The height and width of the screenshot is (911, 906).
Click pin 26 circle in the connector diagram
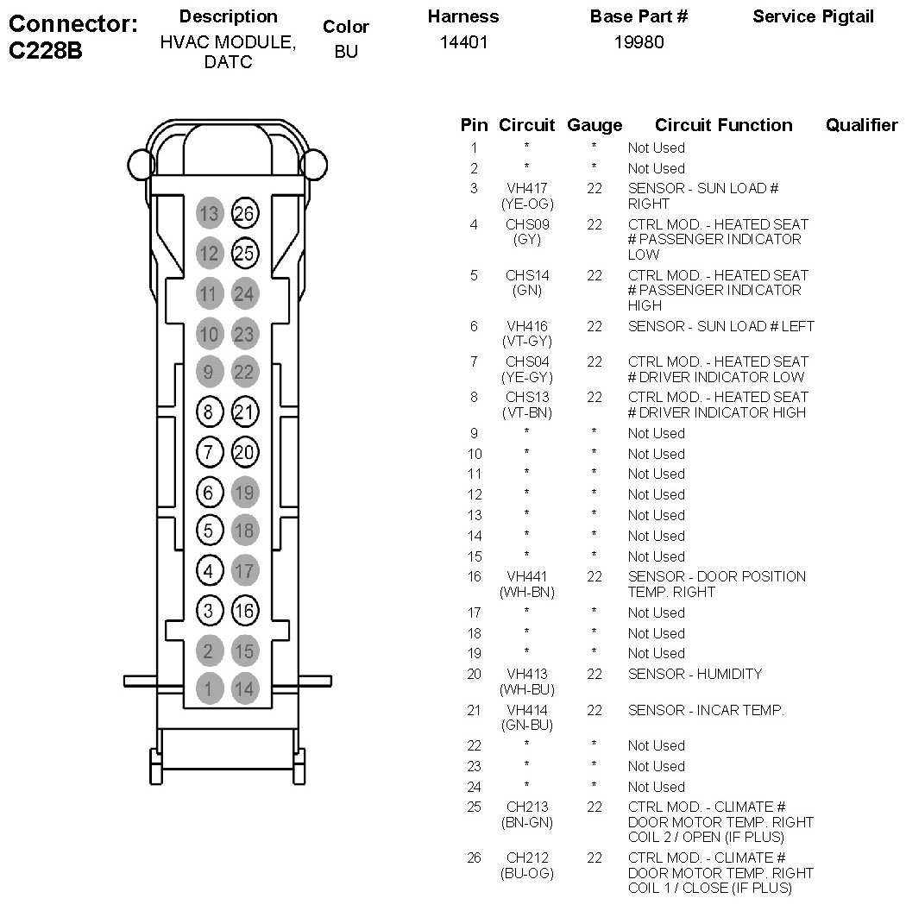245,213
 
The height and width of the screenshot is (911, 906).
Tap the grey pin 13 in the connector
208,213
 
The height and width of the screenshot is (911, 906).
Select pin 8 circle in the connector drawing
208,412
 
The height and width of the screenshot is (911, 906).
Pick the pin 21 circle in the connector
245,412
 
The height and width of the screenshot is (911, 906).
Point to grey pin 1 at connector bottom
208,688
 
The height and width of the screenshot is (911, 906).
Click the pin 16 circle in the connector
245,611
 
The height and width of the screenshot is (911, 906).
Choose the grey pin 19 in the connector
245,492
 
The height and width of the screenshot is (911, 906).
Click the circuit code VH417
526,188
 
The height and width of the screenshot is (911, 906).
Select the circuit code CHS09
526,224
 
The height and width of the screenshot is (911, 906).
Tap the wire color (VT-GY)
526,342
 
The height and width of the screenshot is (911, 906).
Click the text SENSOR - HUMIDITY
695,674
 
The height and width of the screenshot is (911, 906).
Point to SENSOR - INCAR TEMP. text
706,710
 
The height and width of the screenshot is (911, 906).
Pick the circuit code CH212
526,858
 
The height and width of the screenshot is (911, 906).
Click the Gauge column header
594,126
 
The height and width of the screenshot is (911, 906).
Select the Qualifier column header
861,126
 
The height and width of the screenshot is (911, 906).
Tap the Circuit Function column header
723,126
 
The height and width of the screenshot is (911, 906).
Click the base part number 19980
639,42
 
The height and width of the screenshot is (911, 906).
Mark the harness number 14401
463,42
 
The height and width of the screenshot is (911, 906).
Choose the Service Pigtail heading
813,16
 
